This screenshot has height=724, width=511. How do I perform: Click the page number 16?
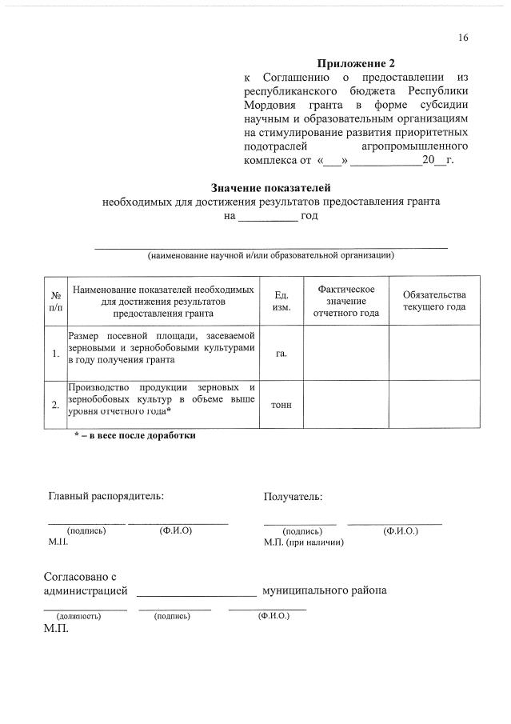(463, 38)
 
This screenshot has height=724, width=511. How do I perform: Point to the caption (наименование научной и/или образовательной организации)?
(270, 255)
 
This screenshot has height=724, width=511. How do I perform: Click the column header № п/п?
(55, 301)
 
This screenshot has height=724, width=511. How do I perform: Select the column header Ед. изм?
(281, 301)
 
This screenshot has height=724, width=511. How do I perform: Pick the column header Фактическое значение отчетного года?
(345, 301)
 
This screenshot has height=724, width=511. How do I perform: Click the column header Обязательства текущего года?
(433, 301)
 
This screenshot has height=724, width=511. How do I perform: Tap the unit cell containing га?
(281, 354)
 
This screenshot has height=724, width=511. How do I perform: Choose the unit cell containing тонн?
(281, 405)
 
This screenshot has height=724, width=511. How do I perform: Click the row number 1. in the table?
(55, 354)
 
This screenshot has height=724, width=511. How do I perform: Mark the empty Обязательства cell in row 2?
(433, 405)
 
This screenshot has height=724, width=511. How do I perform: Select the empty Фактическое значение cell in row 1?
(345, 354)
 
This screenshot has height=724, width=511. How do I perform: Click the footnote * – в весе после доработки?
(134, 436)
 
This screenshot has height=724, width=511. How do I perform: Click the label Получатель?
(293, 497)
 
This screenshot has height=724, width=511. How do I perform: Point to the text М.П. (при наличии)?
(304, 542)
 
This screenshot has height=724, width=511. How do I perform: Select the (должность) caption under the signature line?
(78, 617)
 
